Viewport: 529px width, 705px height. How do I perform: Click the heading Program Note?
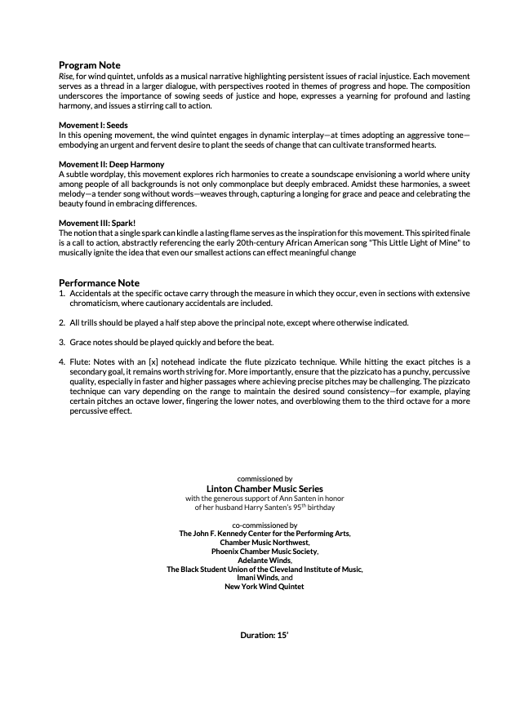point(89,65)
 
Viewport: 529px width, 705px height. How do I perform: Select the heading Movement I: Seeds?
point(93,124)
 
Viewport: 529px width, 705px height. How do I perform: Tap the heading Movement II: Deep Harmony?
point(112,164)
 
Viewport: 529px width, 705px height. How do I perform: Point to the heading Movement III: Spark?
point(97,222)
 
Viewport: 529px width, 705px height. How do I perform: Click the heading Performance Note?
point(99,282)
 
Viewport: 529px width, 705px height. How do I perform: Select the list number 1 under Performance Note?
point(62,293)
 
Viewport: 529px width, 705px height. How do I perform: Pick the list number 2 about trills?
point(62,323)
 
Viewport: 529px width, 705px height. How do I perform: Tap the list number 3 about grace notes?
point(62,342)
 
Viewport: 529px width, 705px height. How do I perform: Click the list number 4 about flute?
point(62,361)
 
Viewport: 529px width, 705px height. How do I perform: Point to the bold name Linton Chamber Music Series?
point(264,489)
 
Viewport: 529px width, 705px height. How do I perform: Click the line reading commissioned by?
point(264,479)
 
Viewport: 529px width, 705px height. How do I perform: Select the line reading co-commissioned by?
point(264,525)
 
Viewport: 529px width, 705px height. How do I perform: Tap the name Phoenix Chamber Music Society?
point(264,552)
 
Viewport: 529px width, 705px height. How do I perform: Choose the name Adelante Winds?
point(264,561)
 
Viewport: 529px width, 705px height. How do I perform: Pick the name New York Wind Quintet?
point(264,587)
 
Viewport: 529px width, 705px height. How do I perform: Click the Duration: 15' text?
point(264,634)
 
